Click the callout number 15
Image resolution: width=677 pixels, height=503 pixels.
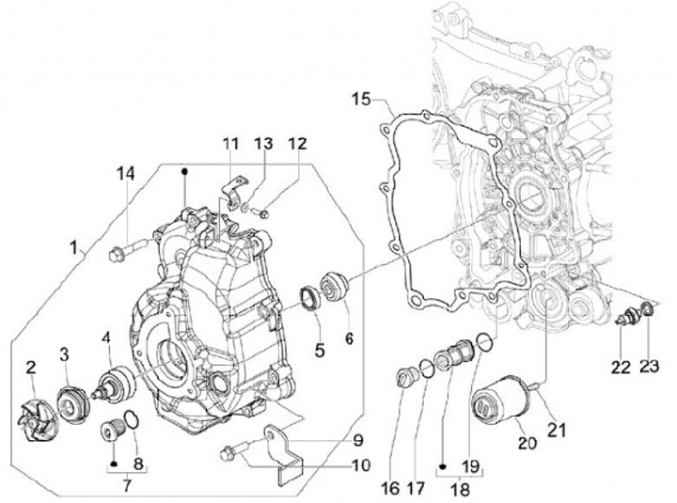click(x=361, y=99)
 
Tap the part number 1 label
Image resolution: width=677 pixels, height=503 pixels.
click(x=74, y=247)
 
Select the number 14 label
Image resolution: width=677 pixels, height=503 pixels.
click(x=125, y=173)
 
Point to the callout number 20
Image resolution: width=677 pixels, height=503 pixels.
click(x=527, y=443)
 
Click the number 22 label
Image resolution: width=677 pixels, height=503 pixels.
click(x=621, y=368)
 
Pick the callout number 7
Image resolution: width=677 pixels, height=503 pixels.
click(x=127, y=486)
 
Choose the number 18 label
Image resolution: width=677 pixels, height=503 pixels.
click(x=460, y=490)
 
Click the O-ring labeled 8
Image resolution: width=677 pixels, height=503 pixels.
click(x=132, y=420)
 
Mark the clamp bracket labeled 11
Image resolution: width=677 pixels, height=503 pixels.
click(x=234, y=192)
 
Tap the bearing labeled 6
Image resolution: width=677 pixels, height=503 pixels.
click(x=334, y=286)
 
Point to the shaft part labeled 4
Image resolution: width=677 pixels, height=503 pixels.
click(x=114, y=383)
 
